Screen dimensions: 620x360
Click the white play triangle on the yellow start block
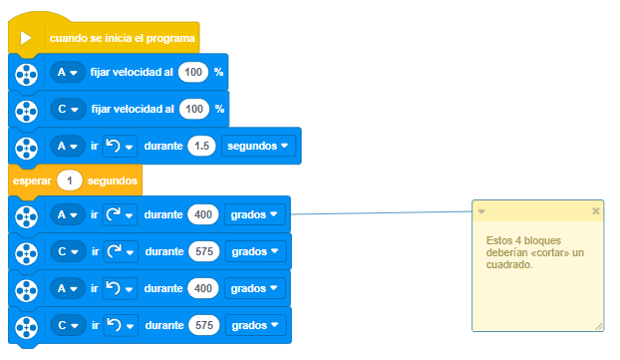[26, 38]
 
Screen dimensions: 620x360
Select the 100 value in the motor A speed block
[193, 72]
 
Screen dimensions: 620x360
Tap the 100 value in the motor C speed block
[194, 109]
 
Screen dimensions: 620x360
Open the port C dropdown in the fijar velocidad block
[68, 109]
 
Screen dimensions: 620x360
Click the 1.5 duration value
[201, 146]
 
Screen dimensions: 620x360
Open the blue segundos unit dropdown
[258, 146]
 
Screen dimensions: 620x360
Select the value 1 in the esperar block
[70, 180]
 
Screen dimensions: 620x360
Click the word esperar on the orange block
[32, 180]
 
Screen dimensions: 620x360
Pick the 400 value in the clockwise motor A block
[203, 214]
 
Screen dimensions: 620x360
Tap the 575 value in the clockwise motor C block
[204, 251]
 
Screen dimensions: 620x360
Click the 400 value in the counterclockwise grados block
[203, 288]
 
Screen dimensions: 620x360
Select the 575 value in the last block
[204, 325]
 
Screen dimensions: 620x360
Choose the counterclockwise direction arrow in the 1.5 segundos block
[113, 146]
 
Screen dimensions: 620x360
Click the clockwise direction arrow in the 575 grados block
[115, 251]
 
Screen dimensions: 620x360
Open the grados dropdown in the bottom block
[255, 325]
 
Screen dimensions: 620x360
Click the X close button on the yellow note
[595, 210]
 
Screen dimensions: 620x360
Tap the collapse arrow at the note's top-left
[481, 211]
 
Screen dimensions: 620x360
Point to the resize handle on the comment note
[599, 326]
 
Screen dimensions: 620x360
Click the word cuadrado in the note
[509, 264]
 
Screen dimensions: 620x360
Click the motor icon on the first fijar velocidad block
[27, 75]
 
